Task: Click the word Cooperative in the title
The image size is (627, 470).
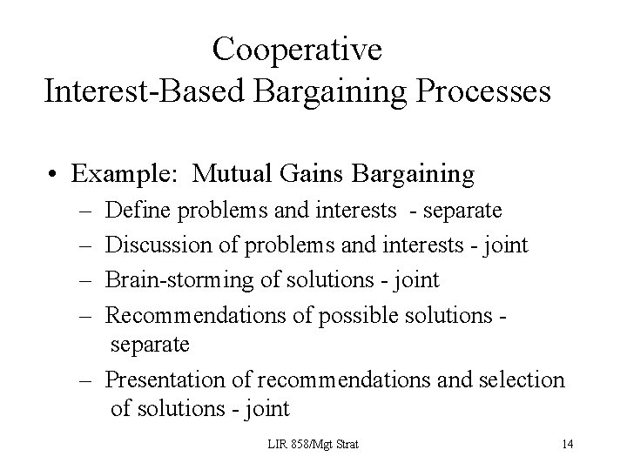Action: [297, 50]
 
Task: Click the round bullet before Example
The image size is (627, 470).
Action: [55, 175]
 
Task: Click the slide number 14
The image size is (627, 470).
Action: [567, 445]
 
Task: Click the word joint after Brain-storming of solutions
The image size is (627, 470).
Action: [417, 280]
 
